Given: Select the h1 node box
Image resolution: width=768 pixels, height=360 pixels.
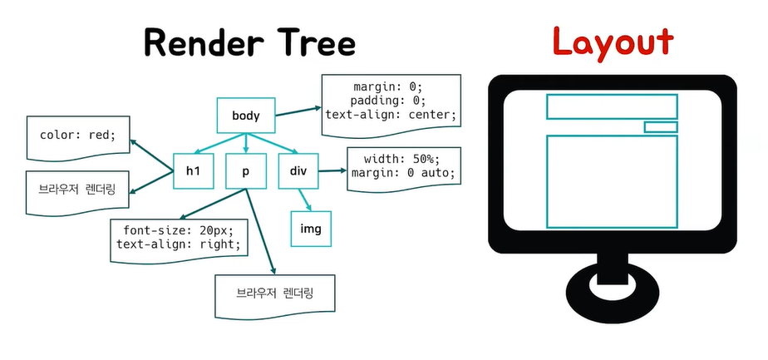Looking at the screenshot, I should coord(194,171).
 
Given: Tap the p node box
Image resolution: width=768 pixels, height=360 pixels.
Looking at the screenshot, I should coord(246,171).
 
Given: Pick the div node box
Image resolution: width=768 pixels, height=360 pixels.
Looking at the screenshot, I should coord(298,171).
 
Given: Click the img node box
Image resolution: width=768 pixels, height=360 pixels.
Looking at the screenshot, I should coord(310,229).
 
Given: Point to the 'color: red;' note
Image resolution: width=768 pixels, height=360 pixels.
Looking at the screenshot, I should coord(78,134).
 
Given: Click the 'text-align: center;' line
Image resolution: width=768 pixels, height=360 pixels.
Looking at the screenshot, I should coord(391,115).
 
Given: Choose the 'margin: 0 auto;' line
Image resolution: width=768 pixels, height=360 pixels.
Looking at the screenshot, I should coord(402,173).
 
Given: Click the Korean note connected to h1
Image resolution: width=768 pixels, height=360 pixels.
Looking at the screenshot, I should coord(77,190).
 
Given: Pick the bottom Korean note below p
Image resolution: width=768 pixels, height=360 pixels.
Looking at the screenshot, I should coord(274,293).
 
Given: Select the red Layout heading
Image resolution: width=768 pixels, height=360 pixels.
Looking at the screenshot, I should coord(613,42).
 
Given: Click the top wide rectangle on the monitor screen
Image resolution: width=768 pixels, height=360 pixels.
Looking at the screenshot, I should coord(611,106).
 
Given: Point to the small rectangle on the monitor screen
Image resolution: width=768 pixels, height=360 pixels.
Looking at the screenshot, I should coord(661,127).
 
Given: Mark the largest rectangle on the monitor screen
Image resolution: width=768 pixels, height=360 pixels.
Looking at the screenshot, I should coord(611,181).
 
